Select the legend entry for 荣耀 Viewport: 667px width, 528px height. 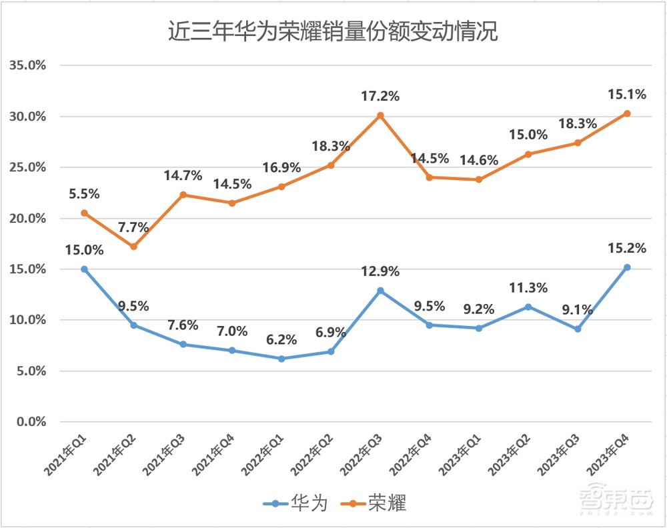(373, 503)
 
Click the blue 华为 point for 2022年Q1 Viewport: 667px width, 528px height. (281, 359)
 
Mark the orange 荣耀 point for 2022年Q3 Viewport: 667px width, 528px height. (380, 115)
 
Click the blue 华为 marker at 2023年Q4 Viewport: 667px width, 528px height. (627, 267)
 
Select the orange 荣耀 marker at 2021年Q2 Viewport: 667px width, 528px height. (133, 246)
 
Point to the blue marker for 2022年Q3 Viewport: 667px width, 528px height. (380, 291)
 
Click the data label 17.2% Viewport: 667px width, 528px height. (380, 96)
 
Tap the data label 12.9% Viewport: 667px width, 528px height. (380, 271)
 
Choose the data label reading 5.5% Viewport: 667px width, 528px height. (84, 194)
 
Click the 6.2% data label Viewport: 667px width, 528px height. (281, 339)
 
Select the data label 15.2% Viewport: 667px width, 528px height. (627, 248)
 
